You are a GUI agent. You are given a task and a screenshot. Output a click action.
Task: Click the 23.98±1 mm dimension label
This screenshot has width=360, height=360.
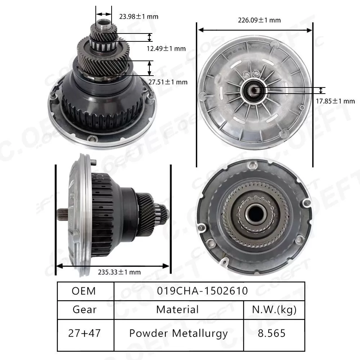pos(139,16)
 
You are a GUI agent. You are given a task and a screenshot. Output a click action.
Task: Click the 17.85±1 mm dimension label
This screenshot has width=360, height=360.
pos(336,101)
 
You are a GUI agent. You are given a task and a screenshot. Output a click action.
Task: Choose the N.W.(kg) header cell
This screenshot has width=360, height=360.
pos(274,309)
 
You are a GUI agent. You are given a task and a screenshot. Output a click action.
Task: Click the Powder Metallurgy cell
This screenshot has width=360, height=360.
pos(178,333)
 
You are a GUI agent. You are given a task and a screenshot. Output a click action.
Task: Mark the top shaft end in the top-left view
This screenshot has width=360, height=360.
pos(103,26)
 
